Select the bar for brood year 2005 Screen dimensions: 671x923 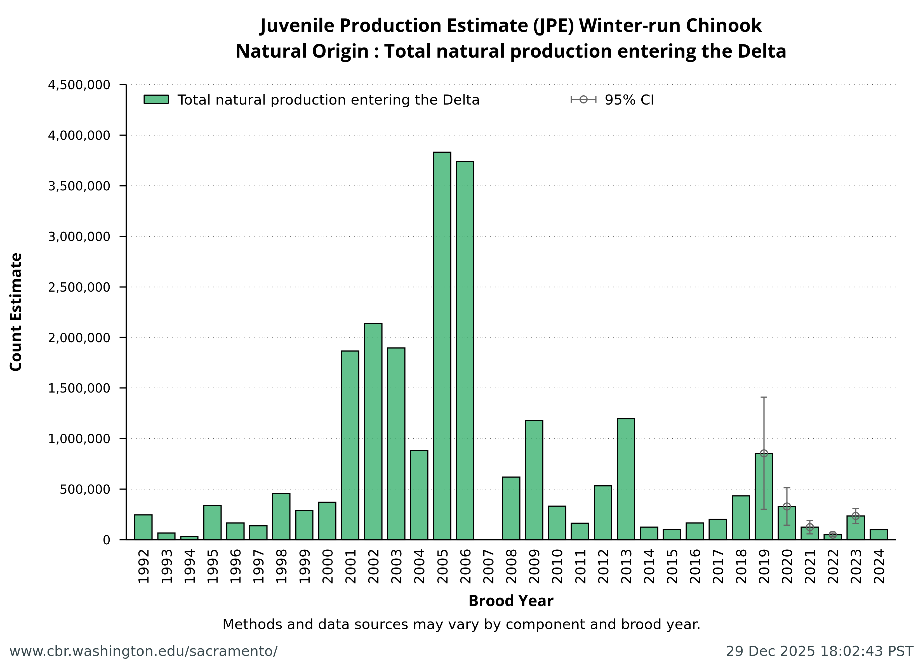(x=442, y=346)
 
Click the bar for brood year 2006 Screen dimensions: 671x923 (x=465, y=350)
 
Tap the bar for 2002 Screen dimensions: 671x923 (x=373, y=431)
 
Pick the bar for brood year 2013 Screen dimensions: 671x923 (x=625, y=479)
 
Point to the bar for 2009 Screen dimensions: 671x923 (x=534, y=480)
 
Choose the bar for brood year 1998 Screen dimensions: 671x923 (x=281, y=516)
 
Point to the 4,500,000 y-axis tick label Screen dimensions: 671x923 (x=79, y=85)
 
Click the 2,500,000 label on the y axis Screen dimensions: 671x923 (x=79, y=287)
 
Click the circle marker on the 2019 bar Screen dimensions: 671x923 (x=764, y=453)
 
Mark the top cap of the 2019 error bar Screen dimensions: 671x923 (x=764, y=397)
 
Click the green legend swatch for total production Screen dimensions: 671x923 (x=156, y=100)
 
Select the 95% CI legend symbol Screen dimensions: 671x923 (x=583, y=100)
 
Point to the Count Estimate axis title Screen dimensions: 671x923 (x=16, y=312)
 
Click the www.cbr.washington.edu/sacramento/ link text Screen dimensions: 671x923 (x=143, y=651)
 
